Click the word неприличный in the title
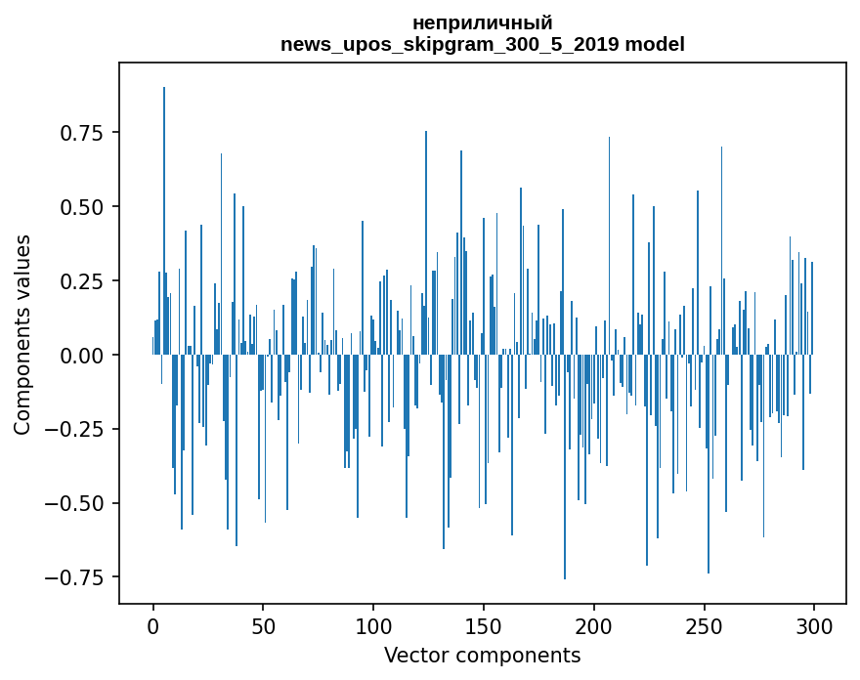(x=482, y=23)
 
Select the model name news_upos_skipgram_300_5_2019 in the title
(x=450, y=44)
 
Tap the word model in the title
(x=655, y=44)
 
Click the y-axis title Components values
(x=21, y=335)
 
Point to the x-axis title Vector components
(x=482, y=655)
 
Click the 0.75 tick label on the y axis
(x=82, y=133)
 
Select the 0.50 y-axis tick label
(x=82, y=207)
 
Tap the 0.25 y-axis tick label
(x=82, y=280)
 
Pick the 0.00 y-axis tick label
(x=82, y=356)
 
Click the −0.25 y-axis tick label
(x=74, y=429)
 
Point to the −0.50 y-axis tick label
(x=74, y=503)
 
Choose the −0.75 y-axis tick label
(x=74, y=577)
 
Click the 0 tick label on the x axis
(x=153, y=625)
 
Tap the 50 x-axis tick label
(x=263, y=625)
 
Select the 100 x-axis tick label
(x=373, y=625)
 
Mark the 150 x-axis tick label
(x=484, y=625)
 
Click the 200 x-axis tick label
(x=593, y=625)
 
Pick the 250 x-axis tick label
(x=704, y=625)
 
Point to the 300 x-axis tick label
(x=814, y=625)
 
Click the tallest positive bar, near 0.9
(x=164, y=221)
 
